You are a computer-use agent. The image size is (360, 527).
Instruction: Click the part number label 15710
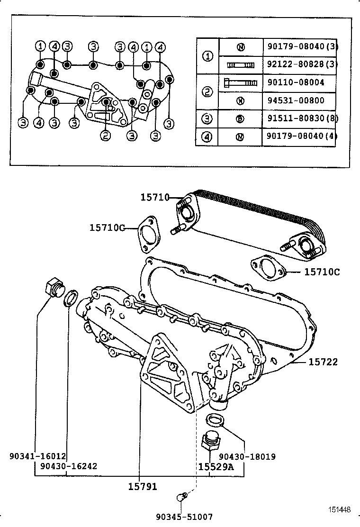154,197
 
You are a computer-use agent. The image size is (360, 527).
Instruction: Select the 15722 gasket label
323,362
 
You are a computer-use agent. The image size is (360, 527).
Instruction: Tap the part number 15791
142,486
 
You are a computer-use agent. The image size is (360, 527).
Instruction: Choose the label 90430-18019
247,457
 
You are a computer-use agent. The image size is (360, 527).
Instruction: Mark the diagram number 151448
340,510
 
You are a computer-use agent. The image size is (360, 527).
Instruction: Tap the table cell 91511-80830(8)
300,118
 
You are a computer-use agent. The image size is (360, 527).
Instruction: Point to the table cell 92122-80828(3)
300,64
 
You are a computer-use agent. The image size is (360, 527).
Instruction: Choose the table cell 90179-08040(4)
300,137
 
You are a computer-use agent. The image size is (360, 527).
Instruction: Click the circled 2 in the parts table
207,91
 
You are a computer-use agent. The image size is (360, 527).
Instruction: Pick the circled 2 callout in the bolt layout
105,136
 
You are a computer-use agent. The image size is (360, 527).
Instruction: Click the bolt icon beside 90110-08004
240,82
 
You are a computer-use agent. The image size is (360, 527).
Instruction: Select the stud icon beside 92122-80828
240,64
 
